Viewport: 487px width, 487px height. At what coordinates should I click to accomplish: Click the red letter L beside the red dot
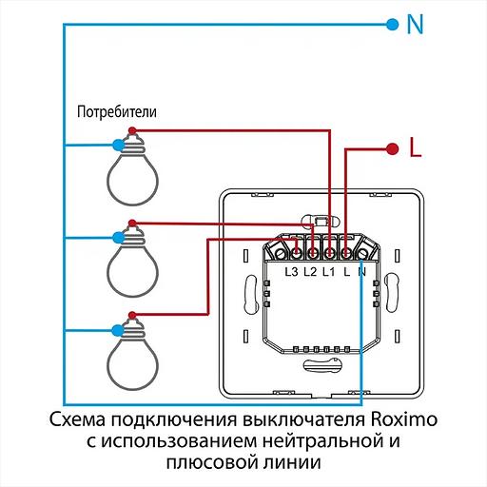coord(414,148)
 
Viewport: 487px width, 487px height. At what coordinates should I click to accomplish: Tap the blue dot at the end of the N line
coord(391,24)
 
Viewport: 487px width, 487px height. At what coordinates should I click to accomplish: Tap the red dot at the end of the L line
coord(391,148)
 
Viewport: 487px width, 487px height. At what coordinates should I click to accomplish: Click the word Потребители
coord(116,111)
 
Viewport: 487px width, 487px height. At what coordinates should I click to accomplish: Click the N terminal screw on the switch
coord(362,253)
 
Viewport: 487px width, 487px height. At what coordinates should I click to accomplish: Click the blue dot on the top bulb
coord(118,145)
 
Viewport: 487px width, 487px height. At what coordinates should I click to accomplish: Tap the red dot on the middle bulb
coord(131,224)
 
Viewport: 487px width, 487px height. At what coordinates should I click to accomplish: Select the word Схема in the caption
coord(75,420)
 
